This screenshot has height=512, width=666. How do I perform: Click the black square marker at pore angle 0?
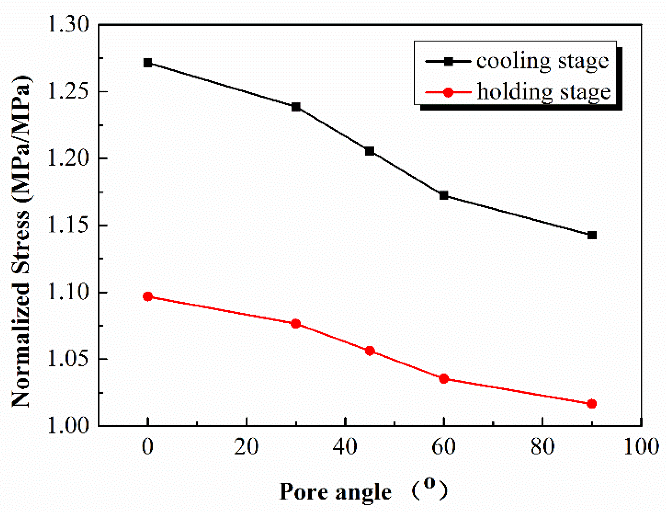click(148, 63)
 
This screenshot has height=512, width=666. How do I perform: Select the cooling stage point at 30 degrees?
click(296, 107)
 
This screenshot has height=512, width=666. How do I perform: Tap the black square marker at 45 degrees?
click(370, 151)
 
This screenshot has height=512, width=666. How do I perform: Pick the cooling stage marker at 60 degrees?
click(444, 195)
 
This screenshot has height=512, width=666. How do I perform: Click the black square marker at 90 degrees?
click(592, 235)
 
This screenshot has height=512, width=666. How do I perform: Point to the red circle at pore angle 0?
click(148, 297)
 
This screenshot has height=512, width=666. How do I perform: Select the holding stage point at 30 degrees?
click(296, 324)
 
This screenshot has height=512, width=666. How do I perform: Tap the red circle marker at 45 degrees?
click(370, 351)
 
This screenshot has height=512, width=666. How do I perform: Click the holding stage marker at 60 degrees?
click(444, 379)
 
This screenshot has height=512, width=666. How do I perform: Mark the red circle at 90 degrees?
click(592, 404)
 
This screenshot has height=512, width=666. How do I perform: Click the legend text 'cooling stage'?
click(542, 62)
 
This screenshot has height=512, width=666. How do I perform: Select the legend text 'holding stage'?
click(544, 92)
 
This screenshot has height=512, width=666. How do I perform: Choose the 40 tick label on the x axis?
click(345, 447)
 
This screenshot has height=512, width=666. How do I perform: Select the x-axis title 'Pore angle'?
click(336, 492)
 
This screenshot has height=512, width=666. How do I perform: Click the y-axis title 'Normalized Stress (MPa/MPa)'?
click(21, 241)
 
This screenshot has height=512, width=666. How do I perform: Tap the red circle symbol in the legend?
click(448, 92)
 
